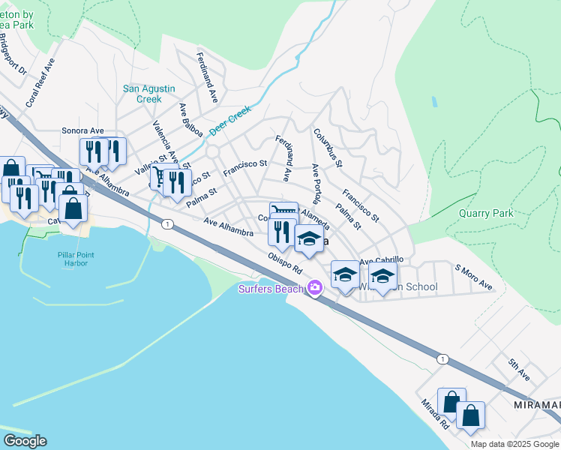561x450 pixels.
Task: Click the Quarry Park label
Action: (x=486, y=213)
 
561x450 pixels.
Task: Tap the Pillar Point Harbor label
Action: (x=73, y=259)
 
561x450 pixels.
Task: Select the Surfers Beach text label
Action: (x=271, y=289)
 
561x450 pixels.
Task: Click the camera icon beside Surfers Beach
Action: (x=315, y=288)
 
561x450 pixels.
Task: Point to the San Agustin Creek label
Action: (x=142, y=94)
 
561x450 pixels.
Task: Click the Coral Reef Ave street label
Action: (x=40, y=82)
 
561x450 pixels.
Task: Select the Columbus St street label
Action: (x=328, y=148)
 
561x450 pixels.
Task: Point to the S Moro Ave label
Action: (x=473, y=277)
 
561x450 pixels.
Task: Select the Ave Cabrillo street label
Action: (x=382, y=260)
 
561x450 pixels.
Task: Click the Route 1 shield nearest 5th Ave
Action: (x=443, y=360)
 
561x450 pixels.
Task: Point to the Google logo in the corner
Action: (x=24, y=441)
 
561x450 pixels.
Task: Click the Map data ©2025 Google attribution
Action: (x=514, y=444)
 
